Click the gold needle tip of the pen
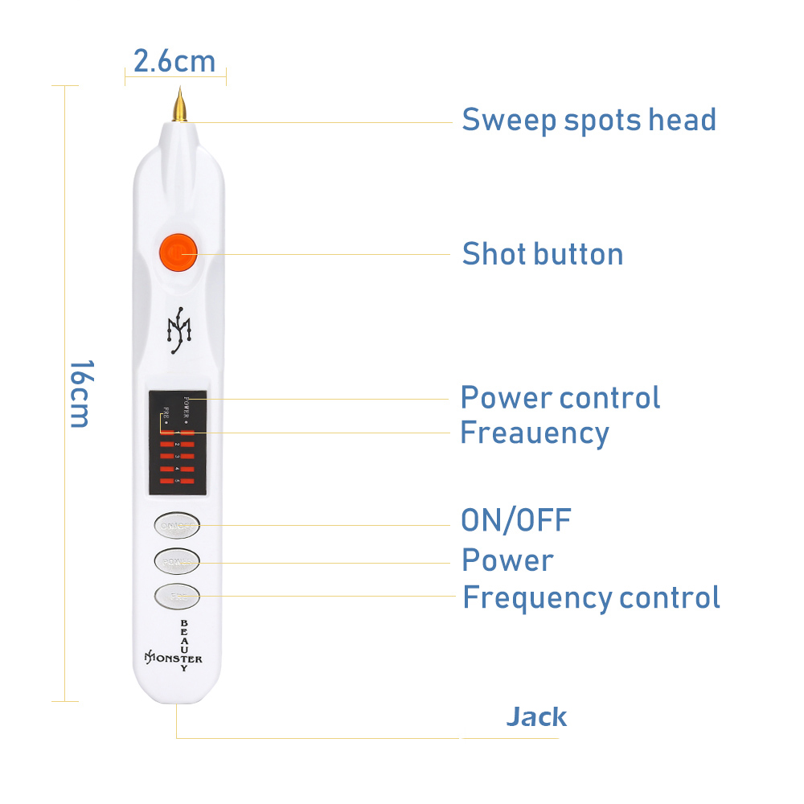[x=179, y=105]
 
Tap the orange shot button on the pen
[x=176, y=252]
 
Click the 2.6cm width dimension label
[x=174, y=62]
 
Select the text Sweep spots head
[x=589, y=121]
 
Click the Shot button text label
[x=543, y=254]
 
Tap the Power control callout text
[x=560, y=397]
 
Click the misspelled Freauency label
[x=534, y=433]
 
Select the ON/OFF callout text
[x=515, y=520]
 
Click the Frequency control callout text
[x=591, y=598]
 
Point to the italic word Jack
[x=536, y=716]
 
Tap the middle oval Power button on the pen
[x=177, y=560]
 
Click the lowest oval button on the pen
[x=176, y=596]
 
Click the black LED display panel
[x=178, y=442]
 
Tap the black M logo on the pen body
[x=178, y=330]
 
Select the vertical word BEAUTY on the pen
[x=184, y=646]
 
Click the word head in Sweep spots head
[x=682, y=121]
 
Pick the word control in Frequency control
[x=669, y=598]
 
